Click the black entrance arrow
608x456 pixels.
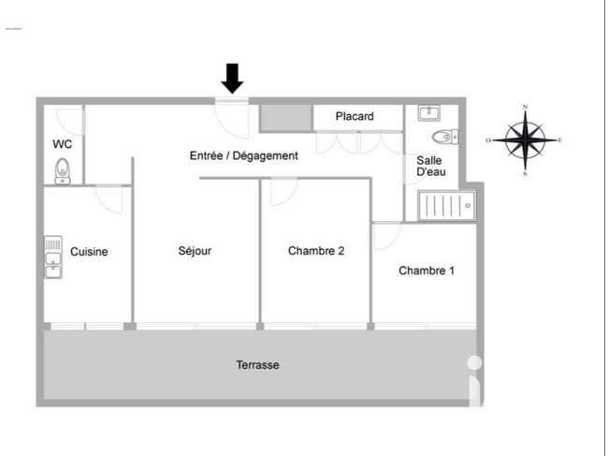click(x=232, y=79)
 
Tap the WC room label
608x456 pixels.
click(x=63, y=144)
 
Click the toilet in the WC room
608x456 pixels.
click(x=63, y=171)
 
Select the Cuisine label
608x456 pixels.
click(x=89, y=252)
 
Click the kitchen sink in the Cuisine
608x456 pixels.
click(x=53, y=257)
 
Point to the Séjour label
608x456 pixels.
click(x=195, y=251)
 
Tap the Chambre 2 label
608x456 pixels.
click(x=316, y=251)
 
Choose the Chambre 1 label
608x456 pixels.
click(x=427, y=271)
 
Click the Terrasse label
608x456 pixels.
click(x=258, y=365)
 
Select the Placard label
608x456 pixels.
click(x=355, y=116)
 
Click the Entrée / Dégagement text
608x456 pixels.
click(x=243, y=155)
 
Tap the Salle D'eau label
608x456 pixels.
click(x=431, y=166)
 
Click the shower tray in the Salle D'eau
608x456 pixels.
click(x=447, y=206)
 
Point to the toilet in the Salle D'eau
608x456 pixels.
click(x=445, y=137)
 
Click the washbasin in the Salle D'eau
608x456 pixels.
click(x=429, y=112)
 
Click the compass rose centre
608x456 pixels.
click(x=525, y=140)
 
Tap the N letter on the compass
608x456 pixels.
click(x=526, y=107)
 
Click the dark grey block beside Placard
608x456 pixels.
click(x=286, y=118)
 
